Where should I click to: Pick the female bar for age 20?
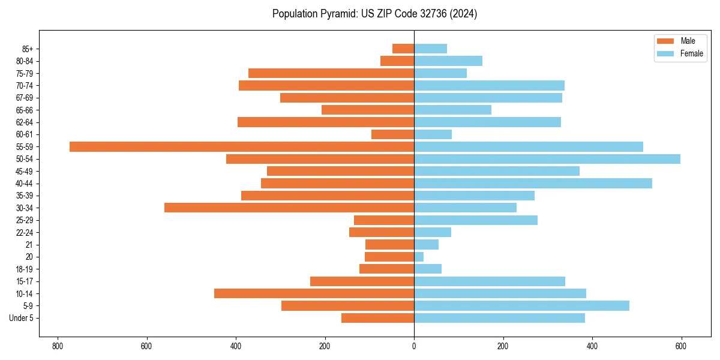point(419,257)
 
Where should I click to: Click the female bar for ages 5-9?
point(521,305)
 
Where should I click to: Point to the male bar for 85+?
point(403,49)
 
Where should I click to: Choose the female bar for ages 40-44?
point(533,183)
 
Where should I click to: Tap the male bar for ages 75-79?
point(331,73)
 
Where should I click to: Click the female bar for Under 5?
point(499,318)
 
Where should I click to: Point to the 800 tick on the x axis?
point(58,346)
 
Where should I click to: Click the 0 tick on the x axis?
point(414,346)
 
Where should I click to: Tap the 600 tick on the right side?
point(681,346)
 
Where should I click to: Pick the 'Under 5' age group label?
point(21,318)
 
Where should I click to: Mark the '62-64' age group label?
point(25,122)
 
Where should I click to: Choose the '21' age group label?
point(29,245)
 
